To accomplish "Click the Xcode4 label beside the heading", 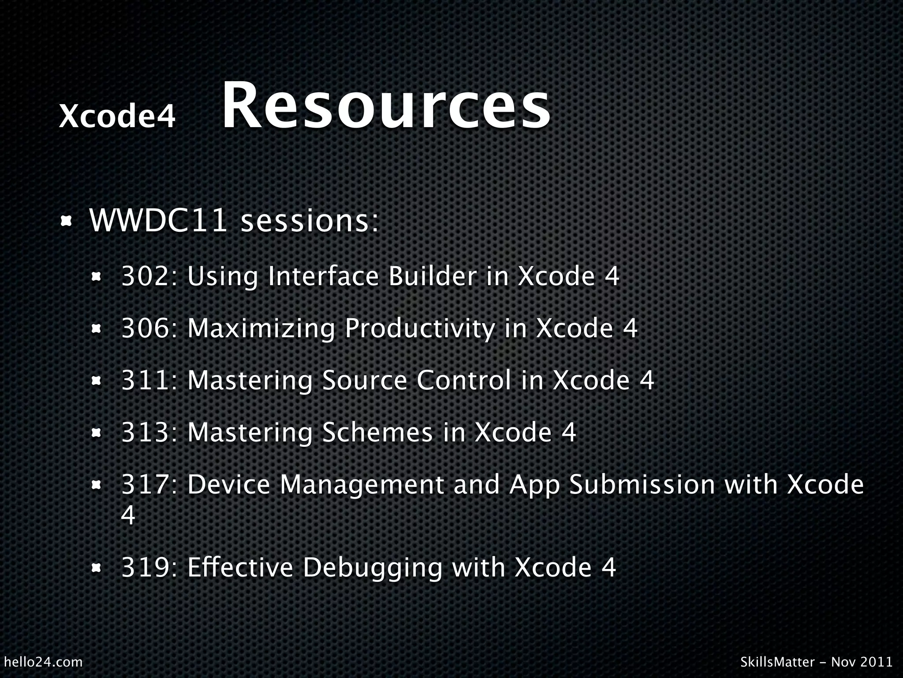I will [x=117, y=117].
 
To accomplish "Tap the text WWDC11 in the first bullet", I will [x=158, y=220].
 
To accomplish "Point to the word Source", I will [x=365, y=380].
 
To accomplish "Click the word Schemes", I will [x=377, y=432].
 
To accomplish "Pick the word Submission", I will [x=642, y=485].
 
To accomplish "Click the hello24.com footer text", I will [x=43, y=662].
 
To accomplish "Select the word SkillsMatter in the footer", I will [x=777, y=662].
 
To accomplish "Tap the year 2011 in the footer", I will [x=876, y=662].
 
